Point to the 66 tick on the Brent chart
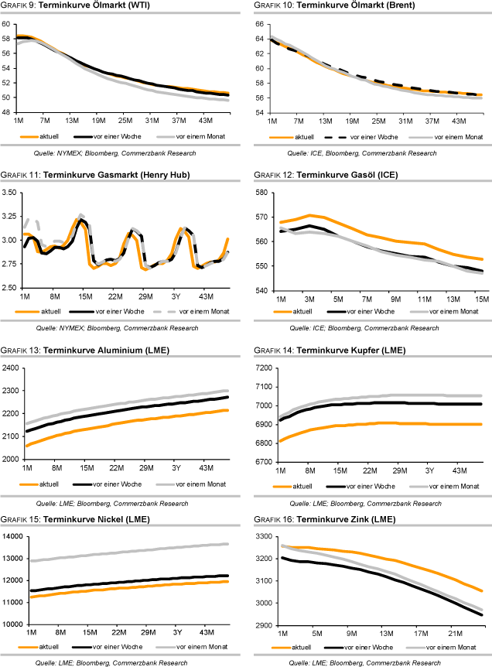click(x=261, y=25)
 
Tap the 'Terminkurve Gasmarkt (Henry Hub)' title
click(x=117, y=176)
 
